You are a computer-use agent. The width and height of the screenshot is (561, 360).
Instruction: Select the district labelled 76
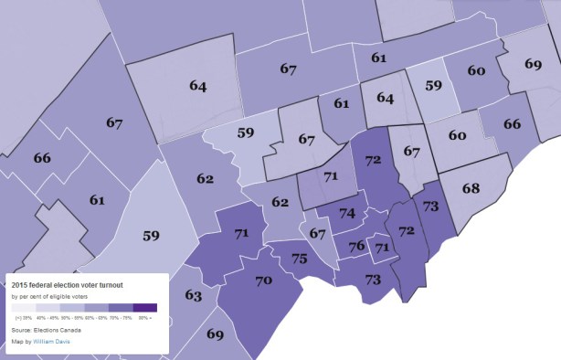coord(356,246)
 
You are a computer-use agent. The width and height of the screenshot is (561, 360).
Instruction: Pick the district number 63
coord(193,295)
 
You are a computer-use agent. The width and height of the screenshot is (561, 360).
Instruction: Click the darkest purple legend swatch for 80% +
coord(145,308)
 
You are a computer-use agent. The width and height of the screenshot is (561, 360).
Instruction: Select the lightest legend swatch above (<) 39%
coord(24,308)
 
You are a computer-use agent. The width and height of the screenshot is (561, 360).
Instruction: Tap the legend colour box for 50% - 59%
coord(72,308)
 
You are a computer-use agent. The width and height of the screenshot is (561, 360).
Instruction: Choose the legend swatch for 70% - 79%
coord(121,308)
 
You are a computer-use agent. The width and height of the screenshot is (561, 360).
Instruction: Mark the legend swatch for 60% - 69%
coord(97,308)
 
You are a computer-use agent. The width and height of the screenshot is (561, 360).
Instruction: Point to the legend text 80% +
coord(145,318)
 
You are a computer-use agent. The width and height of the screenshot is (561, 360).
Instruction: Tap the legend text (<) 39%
coord(25,318)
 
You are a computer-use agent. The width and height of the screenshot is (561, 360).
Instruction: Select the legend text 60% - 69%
coord(97,318)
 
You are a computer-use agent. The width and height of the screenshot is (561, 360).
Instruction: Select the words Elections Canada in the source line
coord(52,329)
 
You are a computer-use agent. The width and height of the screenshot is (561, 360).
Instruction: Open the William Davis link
coord(52,342)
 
